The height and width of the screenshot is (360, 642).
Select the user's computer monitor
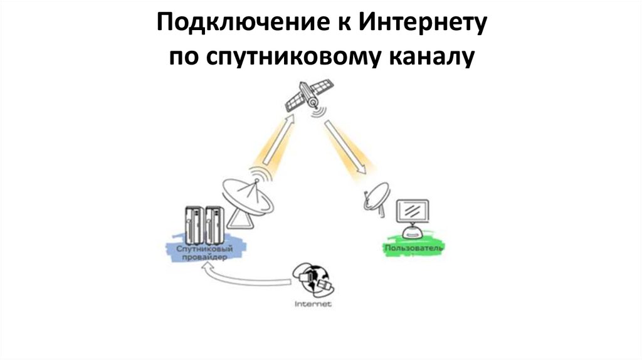click(414, 212)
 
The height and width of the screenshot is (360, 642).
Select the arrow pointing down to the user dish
click(344, 146)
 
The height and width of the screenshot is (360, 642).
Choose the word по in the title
click(183, 58)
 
